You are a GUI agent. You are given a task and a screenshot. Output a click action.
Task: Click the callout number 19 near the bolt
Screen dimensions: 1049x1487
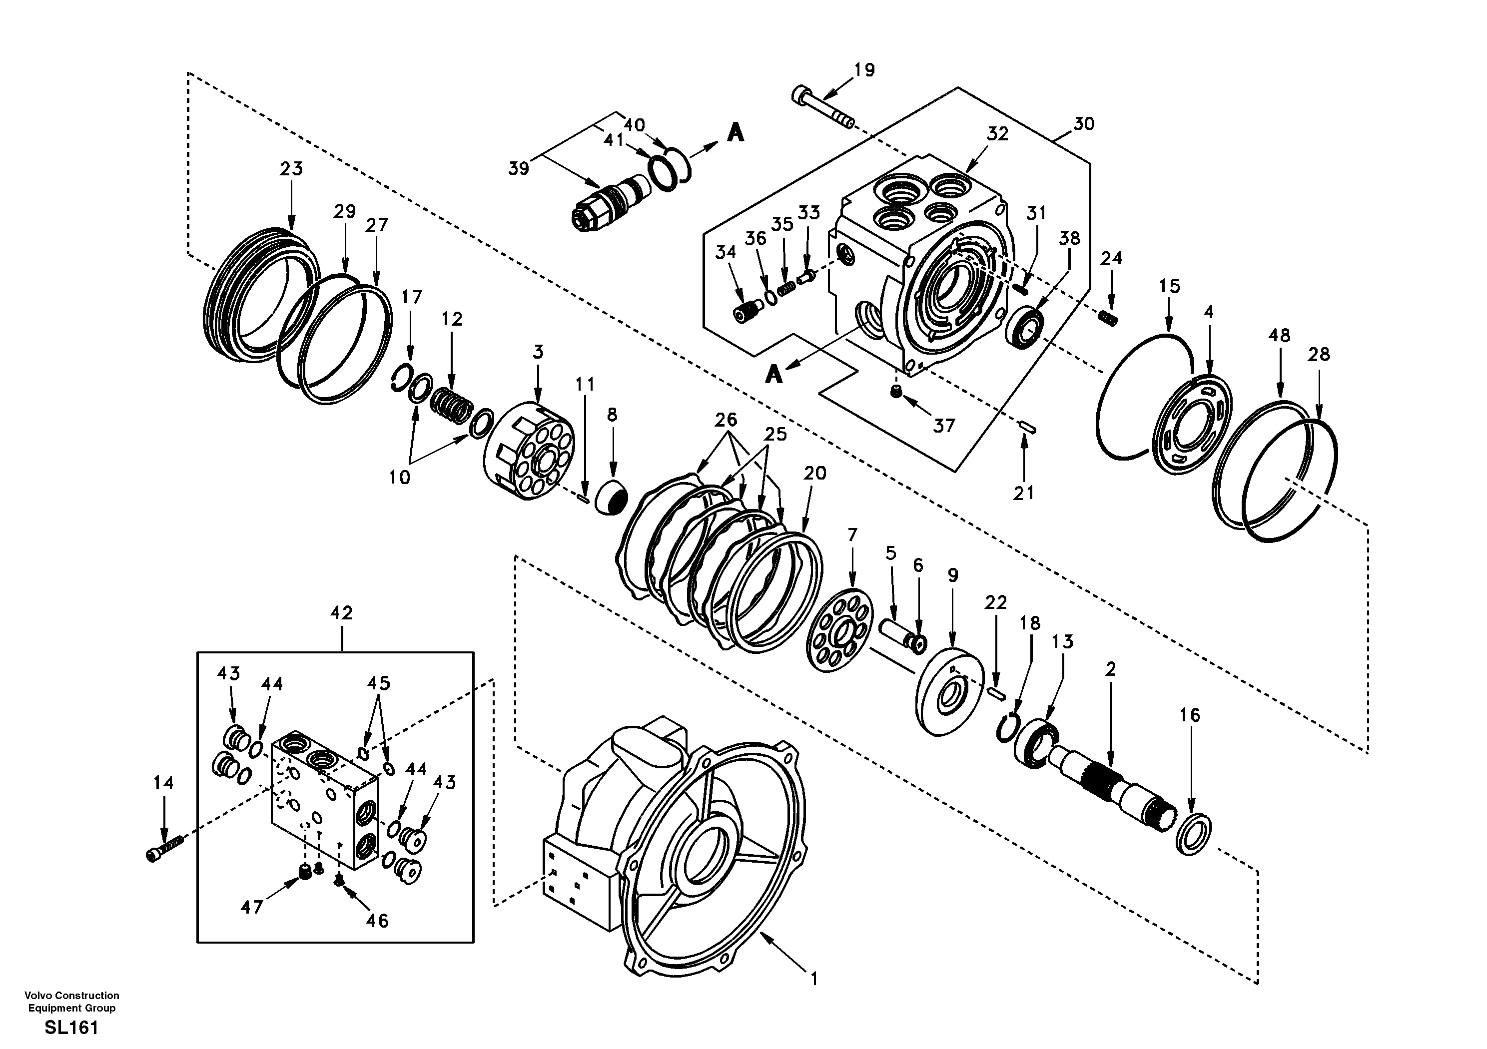click(864, 70)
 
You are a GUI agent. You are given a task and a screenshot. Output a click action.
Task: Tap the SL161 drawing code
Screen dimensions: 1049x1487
click(71, 1028)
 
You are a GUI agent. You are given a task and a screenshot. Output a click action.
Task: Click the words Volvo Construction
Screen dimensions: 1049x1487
click(71, 995)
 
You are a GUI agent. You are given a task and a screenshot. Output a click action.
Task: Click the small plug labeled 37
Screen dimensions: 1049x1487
click(896, 392)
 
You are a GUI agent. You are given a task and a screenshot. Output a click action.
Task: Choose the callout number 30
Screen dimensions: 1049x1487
click(1083, 124)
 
